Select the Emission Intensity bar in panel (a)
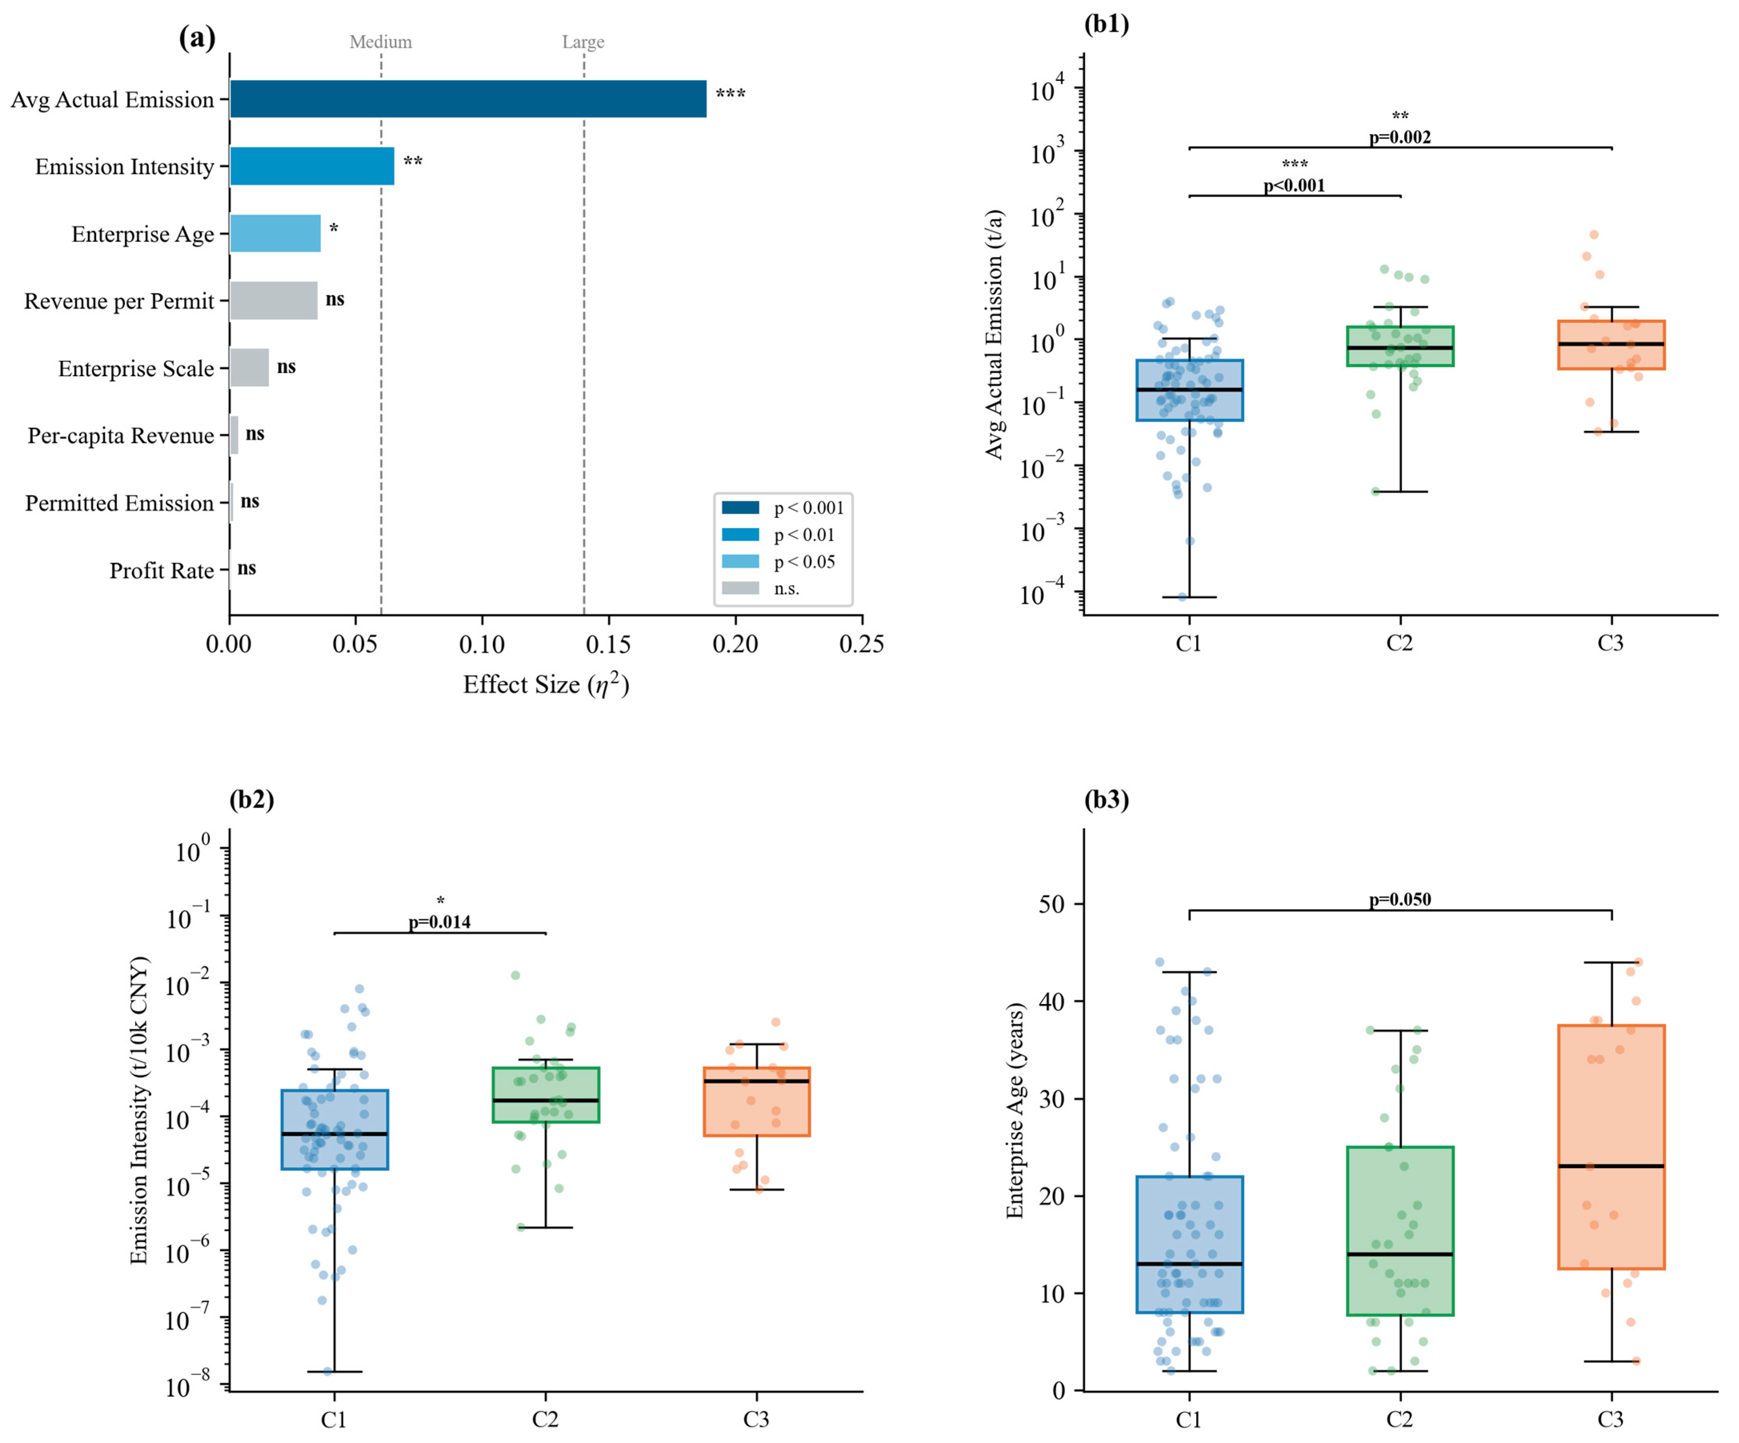(x=312, y=166)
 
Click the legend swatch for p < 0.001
(x=740, y=508)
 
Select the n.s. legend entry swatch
(x=740, y=588)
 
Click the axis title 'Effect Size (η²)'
(x=546, y=685)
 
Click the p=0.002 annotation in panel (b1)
(x=1399, y=137)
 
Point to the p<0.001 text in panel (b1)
(x=1294, y=186)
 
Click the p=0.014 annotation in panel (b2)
(x=440, y=922)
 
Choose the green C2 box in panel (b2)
(x=546, y=1095)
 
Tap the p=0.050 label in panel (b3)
(x=1399, y=900)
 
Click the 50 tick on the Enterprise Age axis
(x=1052, y=904)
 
